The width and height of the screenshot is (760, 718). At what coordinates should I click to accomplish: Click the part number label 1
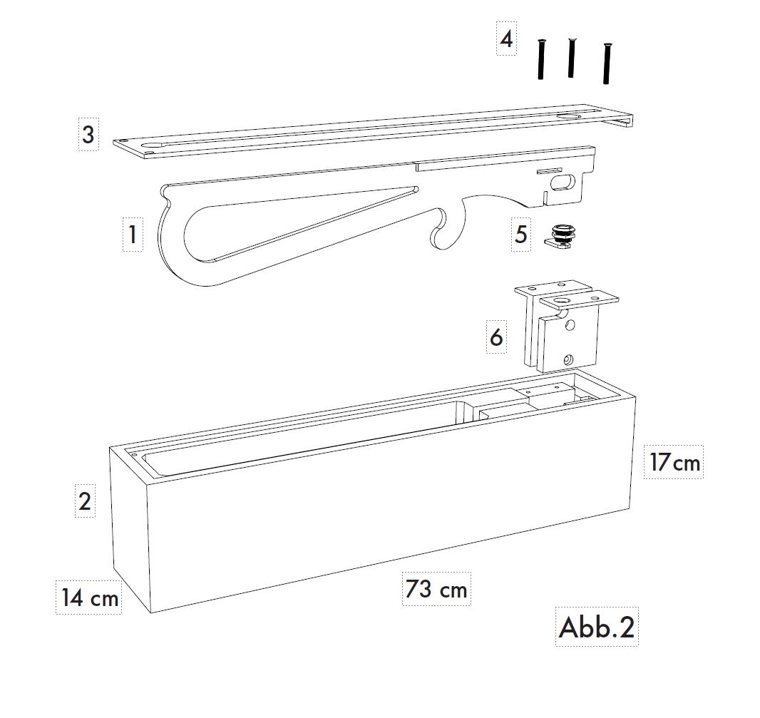point(133,234)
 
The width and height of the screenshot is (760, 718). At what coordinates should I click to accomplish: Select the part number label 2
point(85,501)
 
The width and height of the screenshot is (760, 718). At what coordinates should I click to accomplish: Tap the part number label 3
point(88,134)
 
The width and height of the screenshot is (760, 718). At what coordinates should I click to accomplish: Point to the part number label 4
point(506,39)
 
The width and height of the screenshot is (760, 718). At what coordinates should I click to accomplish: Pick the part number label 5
point(521,235)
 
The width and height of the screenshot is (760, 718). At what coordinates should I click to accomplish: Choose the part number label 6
point(496,337)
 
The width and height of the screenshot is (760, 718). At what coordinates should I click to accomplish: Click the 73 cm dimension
point(436,589)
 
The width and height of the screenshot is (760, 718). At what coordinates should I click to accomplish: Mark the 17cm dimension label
point(674,462)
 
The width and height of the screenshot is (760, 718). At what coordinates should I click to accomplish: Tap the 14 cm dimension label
point(89,598)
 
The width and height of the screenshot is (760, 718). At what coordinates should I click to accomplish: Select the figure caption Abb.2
point(597,627)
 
